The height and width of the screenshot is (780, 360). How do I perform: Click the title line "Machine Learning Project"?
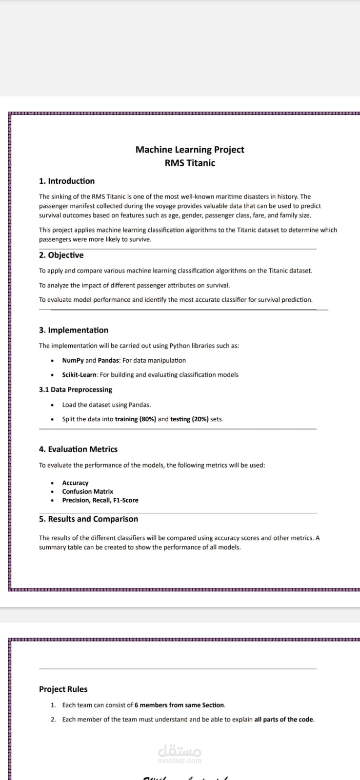[x=190, y=150]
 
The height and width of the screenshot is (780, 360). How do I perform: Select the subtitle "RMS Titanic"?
[x=190, y=163]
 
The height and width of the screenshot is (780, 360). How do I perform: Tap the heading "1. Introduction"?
[x=67, y=181]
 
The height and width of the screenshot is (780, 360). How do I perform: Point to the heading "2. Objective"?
[x=61, y=255]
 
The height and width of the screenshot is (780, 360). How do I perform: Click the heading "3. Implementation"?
[x=74, y=330]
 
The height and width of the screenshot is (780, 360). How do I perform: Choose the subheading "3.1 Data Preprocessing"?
[x=76, y=390]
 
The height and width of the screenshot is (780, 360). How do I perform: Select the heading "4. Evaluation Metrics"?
[x=78, y=449]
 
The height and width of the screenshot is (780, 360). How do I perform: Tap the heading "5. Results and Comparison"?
[x=88, y=519]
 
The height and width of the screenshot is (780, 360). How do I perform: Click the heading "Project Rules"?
[x=63, y=689]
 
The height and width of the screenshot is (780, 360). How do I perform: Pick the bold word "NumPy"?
[x=73, y=360]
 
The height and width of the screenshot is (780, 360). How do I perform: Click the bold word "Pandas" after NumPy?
[x=108, y=360]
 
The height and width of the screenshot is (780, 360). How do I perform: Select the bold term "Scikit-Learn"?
[x=79, y=375]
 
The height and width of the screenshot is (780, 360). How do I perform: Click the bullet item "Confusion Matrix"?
[x=87, y=491]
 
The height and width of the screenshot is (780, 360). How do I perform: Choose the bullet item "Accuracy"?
[x=75, y=483]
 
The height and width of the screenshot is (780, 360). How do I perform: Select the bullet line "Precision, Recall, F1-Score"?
[x=100, y=500]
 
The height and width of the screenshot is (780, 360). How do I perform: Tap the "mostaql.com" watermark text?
[x=180, y=760]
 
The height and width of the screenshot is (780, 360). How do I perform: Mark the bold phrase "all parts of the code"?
[x=284, y=719]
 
